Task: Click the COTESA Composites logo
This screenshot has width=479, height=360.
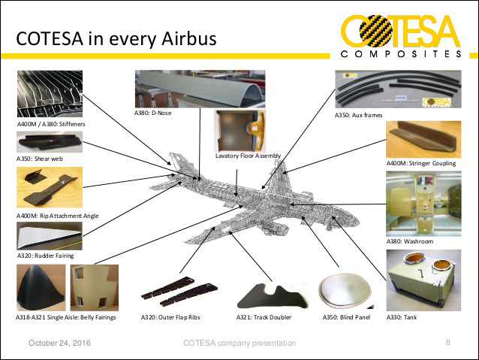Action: pos(401,36)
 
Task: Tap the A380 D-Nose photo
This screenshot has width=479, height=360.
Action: pos(200,89)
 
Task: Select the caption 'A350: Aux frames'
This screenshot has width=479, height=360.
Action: pos(358,115)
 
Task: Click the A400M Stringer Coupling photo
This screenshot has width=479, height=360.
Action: pos(423,140)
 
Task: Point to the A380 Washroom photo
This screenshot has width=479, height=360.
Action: pos(423,204)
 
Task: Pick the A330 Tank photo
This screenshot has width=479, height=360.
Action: pos(423,280)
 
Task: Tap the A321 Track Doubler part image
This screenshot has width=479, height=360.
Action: pos(273,296)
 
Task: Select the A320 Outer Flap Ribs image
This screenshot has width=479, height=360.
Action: pos(179,292)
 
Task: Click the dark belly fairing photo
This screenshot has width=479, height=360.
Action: pos(41,288)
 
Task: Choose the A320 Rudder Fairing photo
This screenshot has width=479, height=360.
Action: pos(50,236)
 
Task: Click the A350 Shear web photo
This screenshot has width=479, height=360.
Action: pos(50,142)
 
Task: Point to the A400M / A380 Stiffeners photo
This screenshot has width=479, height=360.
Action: pos(50,94)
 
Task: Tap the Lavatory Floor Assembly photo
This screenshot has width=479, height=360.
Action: pos(239,131)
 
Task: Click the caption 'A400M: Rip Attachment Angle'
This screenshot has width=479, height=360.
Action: pos(57,216)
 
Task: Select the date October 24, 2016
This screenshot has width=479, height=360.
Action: pos(59,343)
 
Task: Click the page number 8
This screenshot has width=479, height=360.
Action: pos(447,342)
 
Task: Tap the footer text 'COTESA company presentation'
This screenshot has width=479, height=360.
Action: pos(239,343)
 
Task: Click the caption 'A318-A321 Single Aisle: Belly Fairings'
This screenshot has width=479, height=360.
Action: pos(66,317)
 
